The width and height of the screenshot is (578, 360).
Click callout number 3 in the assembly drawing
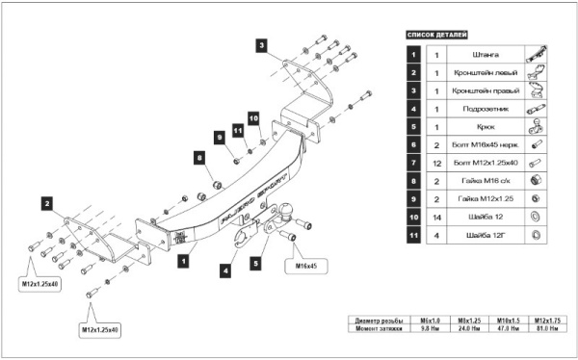262,44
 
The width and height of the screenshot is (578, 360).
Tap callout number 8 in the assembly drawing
199,157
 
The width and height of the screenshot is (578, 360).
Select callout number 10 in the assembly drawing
254,117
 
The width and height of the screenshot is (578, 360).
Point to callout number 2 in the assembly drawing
45,202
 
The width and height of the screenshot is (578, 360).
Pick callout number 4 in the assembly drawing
224,272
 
